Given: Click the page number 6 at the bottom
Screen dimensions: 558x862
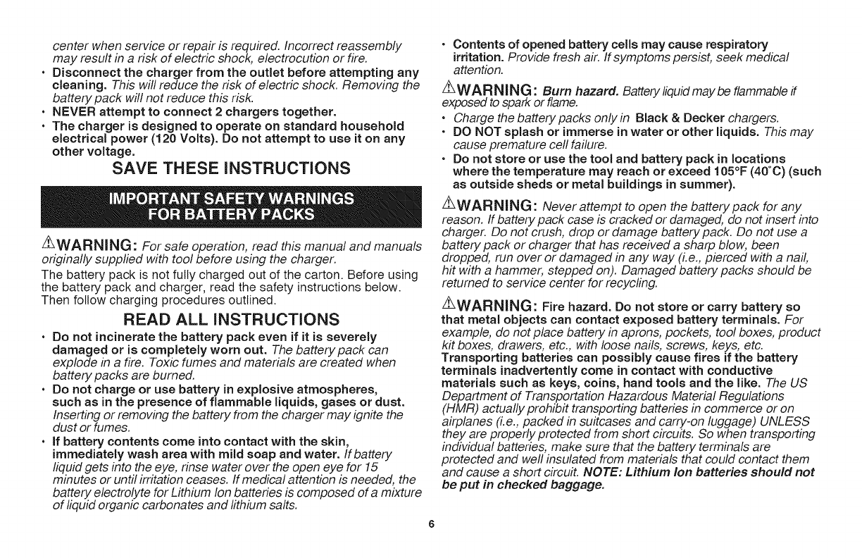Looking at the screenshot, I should pyautogui.click(x=430, y=523).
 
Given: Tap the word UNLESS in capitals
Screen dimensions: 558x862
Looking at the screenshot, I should pyautogui.click(x=787, y=421).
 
